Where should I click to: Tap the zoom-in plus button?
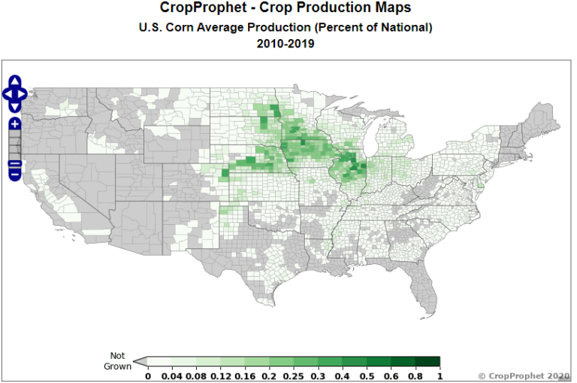tap(14, 124)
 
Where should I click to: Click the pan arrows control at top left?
tap(15, 94)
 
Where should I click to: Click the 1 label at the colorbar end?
tap(440, 375)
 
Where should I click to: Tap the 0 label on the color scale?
tap(148, 375)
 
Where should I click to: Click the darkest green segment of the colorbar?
tap(429, 362)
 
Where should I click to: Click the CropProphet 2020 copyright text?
tap(524, 375)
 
